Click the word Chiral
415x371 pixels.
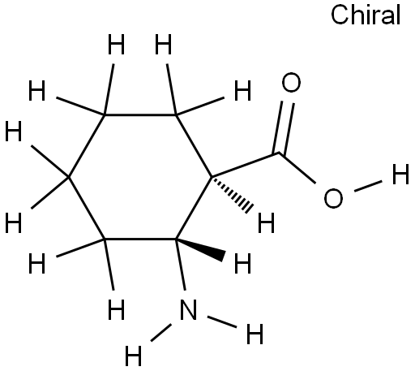point(366,15)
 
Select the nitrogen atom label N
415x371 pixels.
point(188,309)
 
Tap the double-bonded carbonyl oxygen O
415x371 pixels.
point(291,82)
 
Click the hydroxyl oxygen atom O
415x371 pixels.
point(333,198)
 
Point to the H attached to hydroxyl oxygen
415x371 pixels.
point(400,174)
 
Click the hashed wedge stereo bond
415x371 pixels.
point(232,193)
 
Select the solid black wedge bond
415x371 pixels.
point(200,249)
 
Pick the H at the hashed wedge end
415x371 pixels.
point(267,222)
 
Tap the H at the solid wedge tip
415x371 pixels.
point(242,263)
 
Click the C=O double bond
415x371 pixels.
point(283,127)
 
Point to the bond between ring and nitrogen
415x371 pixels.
point(181,265)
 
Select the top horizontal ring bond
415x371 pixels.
point(140,114)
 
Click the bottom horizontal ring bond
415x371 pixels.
point(140,239)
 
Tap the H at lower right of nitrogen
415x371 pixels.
point(255,334)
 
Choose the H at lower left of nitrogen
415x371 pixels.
point(133,356)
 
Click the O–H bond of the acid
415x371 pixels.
point(368,186)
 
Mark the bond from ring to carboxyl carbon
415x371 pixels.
point(246,165)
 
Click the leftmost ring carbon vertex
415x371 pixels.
point(69,177)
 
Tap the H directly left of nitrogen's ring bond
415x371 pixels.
point(116,309)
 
